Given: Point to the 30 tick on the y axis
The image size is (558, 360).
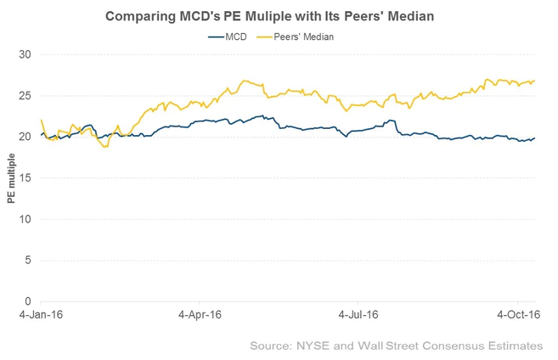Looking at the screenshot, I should point(25,54).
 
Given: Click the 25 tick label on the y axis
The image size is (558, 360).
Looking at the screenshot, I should point(25,95).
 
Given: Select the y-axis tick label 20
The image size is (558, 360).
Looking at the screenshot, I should point(25,137).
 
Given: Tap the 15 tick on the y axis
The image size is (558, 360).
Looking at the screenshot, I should point(25,177).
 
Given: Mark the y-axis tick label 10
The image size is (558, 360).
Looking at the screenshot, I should point(25,219).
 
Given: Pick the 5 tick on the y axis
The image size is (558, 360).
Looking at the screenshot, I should point(28,260).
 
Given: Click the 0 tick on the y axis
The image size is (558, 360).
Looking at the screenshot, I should point(28,301).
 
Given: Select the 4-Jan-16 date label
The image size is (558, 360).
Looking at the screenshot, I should point(41,314).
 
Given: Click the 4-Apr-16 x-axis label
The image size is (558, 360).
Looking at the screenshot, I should point(200,314).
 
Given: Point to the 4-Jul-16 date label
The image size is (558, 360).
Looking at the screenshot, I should point(358,314).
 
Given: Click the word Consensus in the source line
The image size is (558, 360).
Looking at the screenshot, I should point(454,346).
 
